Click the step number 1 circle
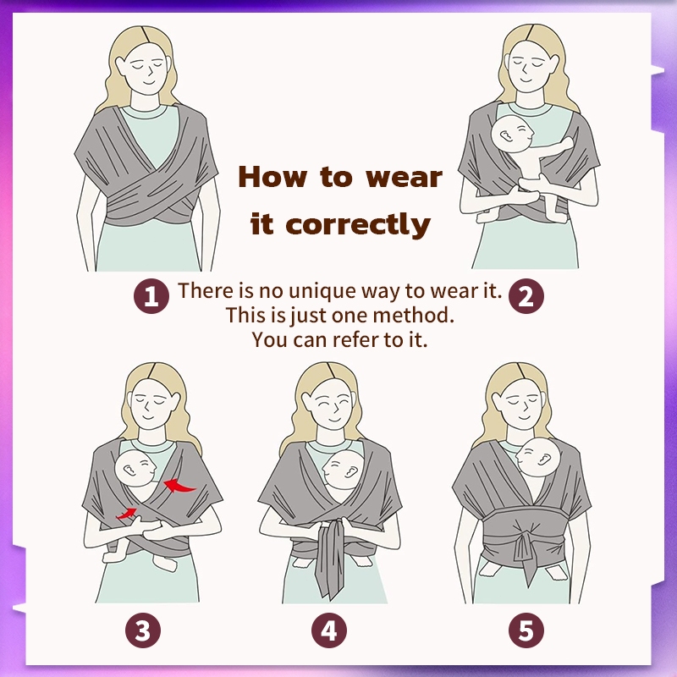tap(151, 296)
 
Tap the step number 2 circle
tap(526, 296)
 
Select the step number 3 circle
tap(143, 630)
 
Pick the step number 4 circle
tap(329, 630)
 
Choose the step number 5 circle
tap(526, 630)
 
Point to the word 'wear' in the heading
tap(405, 178)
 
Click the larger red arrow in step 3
tap(179, 486)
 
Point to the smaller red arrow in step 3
tap(126, 514)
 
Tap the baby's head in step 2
tap(512, 134)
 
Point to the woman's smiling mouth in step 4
tap(333, 419)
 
